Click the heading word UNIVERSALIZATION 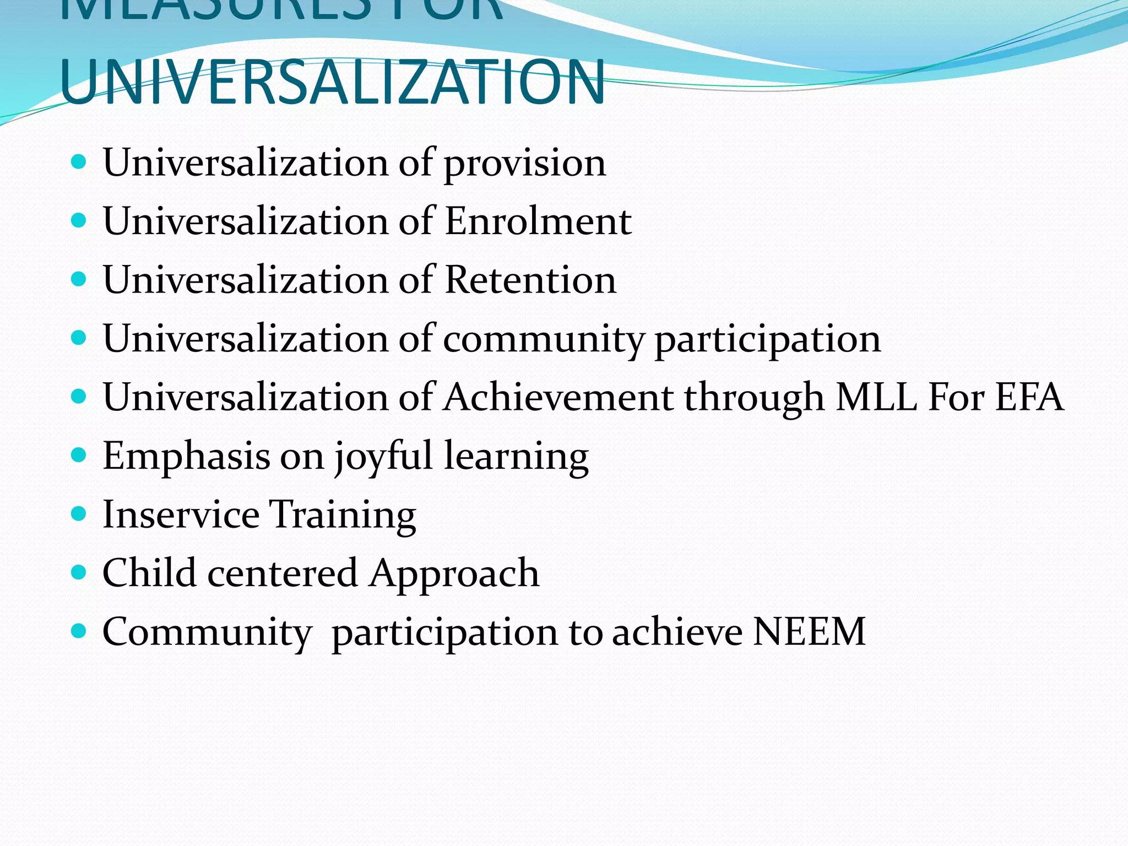click(x=333, y=83)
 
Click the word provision click(x=524, y=164)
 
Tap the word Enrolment click(x=538, y=221)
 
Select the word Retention click(x=530, y=280)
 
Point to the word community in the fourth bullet click(x=543, y=339)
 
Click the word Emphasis click(x=186, y=457)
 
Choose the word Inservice click(x=181, y=514)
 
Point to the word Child click(x=149, y=573)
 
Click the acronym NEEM click(x=809, y=632)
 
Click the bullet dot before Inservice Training click(x=79, y=514)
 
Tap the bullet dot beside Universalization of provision click(x=79, y=162)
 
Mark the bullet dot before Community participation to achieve click(x=79, y=631)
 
